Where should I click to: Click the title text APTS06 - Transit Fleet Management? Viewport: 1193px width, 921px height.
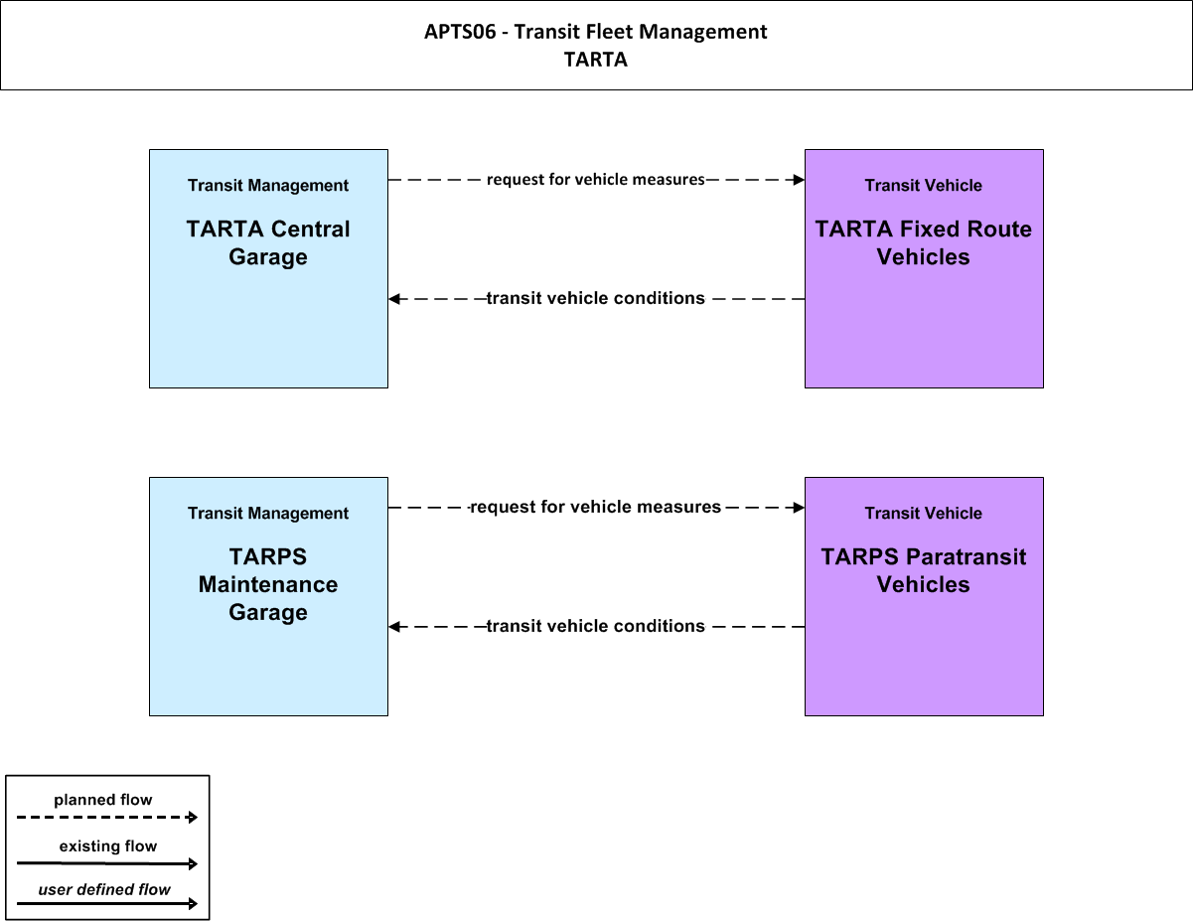pyautogui.click(x=596, y=32)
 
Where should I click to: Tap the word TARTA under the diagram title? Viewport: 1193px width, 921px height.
pyautogui.click(x=596, y=60)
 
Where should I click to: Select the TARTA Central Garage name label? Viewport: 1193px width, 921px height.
pyautogui.click(x=268, y=242)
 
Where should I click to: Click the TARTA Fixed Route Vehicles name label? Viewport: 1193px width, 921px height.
pyautogui.click(x=924, y=242)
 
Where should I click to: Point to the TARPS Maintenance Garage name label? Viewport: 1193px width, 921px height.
pyautogui.click(x=268, y=584)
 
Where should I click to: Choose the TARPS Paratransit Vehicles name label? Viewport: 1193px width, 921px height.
pyautogui.click(x=924, y=570)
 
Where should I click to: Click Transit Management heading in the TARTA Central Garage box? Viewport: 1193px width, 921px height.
pyautogui.click(x=268, y=186)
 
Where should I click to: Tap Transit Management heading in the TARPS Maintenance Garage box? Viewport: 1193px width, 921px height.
pyautogui.click(x=268, y=514)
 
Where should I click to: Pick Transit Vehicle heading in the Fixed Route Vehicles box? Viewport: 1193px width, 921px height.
pyautogui.click(x=924, y=186)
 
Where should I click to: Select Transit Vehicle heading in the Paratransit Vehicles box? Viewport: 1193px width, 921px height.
pyautogui.click(x=924, y=514)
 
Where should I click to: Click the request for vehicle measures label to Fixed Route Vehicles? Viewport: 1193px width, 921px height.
pyautogui.click(x=596, y=180)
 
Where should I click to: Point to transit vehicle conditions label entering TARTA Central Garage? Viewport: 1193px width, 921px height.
pyautogui.click(x=596, y=298)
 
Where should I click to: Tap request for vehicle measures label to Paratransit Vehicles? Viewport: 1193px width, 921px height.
pyautogui.click(x=596, y=507)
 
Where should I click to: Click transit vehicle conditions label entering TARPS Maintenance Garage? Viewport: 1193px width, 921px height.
pyautogui.click(x=596, y=626)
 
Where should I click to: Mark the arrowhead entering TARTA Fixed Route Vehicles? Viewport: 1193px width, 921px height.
pyautogui.click(x=799, y=180)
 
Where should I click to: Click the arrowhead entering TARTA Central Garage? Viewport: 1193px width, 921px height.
pyautogui.click(x=394, y=299)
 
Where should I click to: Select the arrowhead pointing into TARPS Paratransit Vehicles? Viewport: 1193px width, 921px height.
pyautogui.click(x=799, y=507)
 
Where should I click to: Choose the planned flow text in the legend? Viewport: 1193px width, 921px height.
pyautogui.click(x=103, y=800)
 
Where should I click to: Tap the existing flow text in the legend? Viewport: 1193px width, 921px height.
pyautogui.click(x=108, y=845)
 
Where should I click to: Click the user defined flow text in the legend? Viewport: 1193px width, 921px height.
pyautogui.click(x=104, y=889)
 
